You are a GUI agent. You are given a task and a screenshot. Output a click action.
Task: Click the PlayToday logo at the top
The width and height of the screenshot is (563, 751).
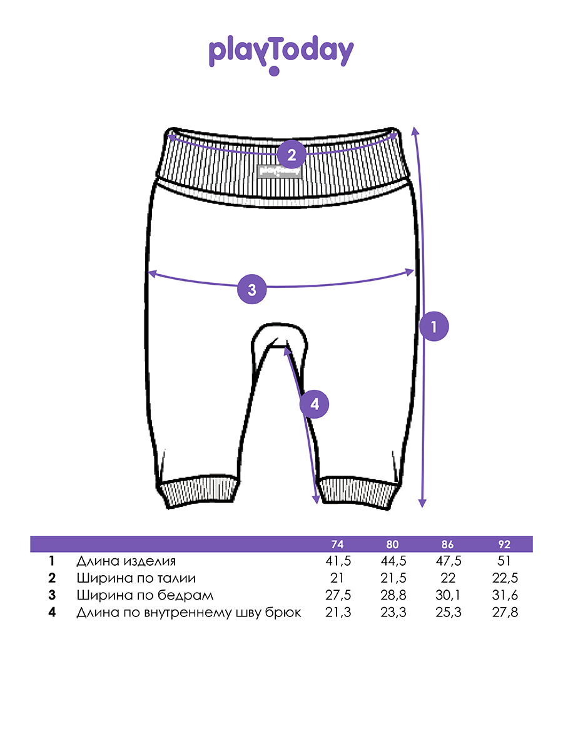(x=281, y=55)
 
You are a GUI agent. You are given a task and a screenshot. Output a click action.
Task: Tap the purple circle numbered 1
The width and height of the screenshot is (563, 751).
(x=434, y=326)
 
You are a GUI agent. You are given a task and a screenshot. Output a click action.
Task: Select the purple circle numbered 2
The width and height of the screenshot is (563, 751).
(x=292, y=155)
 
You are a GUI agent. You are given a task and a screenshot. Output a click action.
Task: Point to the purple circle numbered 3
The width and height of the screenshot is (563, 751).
(x=251, y=289)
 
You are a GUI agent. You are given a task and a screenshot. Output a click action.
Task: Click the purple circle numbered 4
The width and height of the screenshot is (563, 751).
(x=314, y=404)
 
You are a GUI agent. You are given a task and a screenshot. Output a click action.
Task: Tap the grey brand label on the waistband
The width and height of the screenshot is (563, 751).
(x=279, y=171)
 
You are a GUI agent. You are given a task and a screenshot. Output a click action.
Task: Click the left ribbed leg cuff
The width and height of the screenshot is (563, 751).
(x=197, y=492)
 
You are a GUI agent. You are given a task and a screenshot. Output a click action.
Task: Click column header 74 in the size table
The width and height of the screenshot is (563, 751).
(x=337, y=544)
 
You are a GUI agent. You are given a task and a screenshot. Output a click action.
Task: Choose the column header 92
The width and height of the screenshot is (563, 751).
(x=504, y=544)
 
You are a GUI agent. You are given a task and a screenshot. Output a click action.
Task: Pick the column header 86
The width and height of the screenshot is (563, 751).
(x=447, y=544)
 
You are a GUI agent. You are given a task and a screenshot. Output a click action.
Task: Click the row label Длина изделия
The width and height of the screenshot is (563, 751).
(x=126, y=561)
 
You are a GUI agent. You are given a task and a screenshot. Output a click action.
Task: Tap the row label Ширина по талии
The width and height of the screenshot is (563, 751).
(x=136, y=578)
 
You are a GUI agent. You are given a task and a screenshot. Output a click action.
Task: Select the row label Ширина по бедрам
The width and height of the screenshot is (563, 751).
(x=145, y=596)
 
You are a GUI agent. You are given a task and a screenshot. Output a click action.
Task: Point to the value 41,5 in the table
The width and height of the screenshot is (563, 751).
(x=338, y=561)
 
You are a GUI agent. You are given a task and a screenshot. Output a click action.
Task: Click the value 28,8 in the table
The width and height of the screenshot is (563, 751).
(x=393, y=595)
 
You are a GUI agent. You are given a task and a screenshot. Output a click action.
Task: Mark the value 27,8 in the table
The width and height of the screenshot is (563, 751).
(x=505, y=613)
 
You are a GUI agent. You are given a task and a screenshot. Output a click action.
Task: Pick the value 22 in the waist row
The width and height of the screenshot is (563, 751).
(x=448, y=578)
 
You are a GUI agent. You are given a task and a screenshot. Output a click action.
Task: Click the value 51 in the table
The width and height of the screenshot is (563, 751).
(x=504, y=561)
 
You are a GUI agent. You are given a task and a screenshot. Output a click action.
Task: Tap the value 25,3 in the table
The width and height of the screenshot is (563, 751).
(x=448, y=613)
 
